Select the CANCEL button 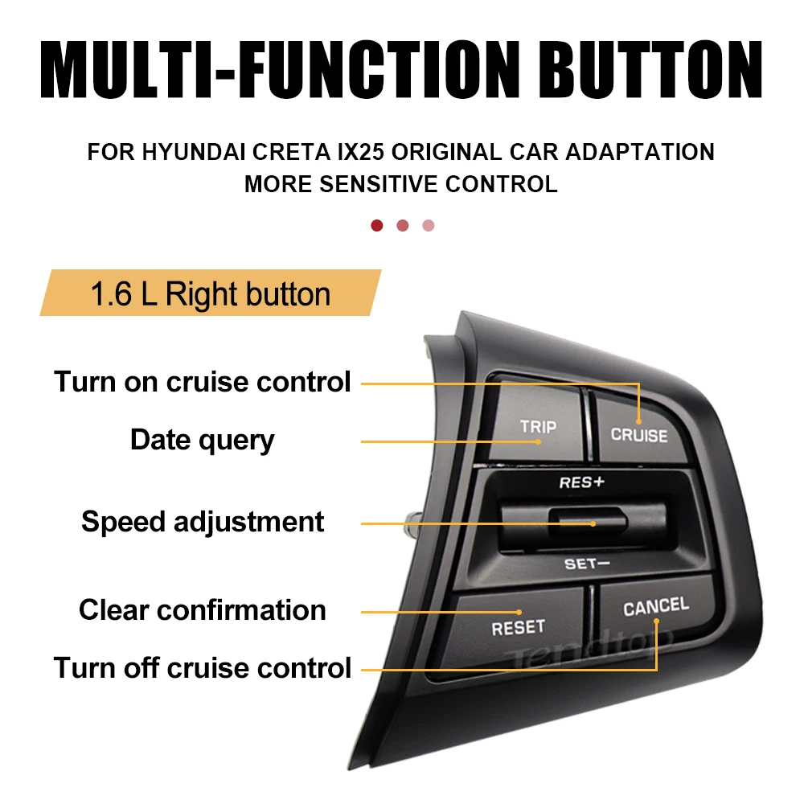pos(655,607)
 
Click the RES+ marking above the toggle pos(581,482)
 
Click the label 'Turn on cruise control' pos(203,381)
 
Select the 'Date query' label pos(203,440)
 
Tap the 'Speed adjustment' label pos(203,522)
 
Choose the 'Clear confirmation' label pos(203,610)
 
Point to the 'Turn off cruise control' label pos(203,667)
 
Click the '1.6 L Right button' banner pos(210,294)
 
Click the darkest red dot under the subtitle pos(376,225)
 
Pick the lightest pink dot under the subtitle pos(429,225)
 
